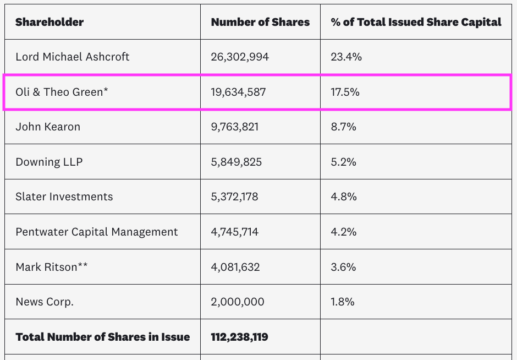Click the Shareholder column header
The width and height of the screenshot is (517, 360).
50,23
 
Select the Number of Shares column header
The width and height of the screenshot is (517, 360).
260,23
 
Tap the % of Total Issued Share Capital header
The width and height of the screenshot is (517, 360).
416,23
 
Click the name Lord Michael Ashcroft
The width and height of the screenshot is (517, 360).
73,57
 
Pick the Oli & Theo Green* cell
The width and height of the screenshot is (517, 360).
62,92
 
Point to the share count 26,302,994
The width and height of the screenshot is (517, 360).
240,57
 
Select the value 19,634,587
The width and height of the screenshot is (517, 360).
238,92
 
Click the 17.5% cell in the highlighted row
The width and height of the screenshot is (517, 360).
345,92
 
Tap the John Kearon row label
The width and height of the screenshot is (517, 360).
48,127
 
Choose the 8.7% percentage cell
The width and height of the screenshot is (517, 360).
343,127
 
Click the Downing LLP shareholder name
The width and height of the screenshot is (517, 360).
49,162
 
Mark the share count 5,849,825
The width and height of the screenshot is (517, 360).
237,162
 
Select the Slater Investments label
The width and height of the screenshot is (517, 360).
64,197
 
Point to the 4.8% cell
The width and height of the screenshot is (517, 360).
344,197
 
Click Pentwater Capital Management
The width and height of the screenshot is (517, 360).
97,232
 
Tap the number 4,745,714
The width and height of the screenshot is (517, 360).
235,232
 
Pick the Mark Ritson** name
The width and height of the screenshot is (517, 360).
52,267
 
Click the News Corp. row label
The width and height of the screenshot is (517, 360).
45,302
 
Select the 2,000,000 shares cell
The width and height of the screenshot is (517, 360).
238,302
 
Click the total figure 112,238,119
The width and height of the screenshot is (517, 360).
240,337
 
